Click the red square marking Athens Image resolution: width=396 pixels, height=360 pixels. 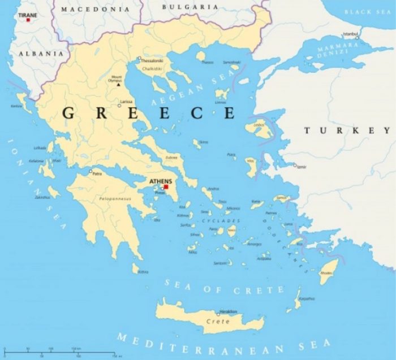(166, 187)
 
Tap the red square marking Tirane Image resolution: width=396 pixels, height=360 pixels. (28, 20)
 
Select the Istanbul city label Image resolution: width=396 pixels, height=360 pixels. (351, 33)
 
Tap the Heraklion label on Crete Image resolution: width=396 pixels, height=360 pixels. (228, 311)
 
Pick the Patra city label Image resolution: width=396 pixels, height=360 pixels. (98, 174)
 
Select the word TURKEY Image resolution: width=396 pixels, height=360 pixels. (347, 131)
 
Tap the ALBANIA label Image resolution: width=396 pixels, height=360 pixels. (41, 53)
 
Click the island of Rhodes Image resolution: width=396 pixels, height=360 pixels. (328, 268)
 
